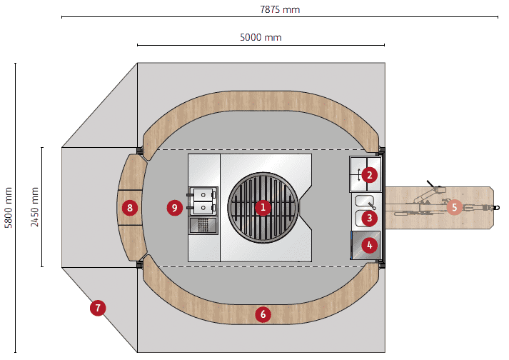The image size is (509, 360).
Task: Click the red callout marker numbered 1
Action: coord(263,208)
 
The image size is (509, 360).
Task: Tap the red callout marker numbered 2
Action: coord(368,174)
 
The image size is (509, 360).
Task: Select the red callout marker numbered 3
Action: coord(368,217)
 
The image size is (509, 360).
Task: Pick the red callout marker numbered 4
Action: coord(368,246)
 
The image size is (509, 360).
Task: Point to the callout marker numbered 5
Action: coord(454,207)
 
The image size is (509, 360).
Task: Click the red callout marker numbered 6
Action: coord(263,314)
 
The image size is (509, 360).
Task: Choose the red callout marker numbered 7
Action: coord(98,309)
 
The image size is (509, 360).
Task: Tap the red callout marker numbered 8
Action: coord(129,208)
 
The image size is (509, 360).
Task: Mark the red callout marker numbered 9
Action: coord(174,208)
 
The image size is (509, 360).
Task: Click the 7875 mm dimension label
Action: coord(279,9)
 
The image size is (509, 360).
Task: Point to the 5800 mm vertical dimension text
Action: coord(9,207)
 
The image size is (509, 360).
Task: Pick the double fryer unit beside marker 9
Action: coord(203,200)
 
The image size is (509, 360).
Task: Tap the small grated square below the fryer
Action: coord(203,226)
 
